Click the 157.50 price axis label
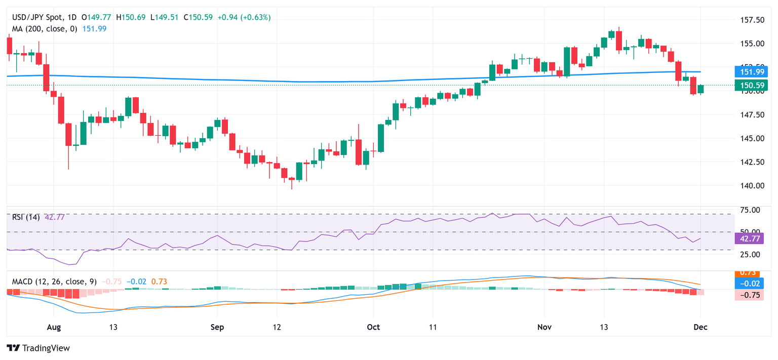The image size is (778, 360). (753, 20)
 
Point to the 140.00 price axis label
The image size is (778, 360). (753, 185)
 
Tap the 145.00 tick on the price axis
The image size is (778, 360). (753, 138)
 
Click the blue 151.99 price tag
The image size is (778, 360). (752, 72)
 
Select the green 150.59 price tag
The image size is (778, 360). (752, 85)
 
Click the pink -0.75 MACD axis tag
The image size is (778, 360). (752, 295)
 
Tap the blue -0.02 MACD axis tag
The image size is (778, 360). (752, 284)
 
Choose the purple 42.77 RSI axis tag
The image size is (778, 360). (752, 237)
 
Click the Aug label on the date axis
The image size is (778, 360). (54, 327)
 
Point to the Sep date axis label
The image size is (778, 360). (217, 327)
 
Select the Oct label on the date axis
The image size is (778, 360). (373, 327)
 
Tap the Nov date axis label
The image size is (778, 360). (544, 327)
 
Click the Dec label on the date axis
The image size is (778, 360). (701, 327)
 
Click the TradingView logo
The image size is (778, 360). (38, 348)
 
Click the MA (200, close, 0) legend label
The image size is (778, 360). (45, 29)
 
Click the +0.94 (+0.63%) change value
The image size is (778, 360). (244, 17)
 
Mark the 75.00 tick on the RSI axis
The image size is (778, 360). (751, 210)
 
